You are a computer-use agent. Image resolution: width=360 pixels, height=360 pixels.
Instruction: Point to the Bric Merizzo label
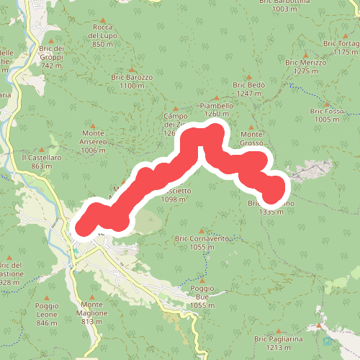(x=306, y=66)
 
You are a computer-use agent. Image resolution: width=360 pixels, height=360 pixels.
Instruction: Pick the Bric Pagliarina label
(x=276, y=342)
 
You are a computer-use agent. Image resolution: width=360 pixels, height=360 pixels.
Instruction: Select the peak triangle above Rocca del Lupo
(x=103, y=19)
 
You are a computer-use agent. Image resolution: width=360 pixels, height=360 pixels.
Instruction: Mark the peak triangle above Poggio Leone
(x=47, y=297)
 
